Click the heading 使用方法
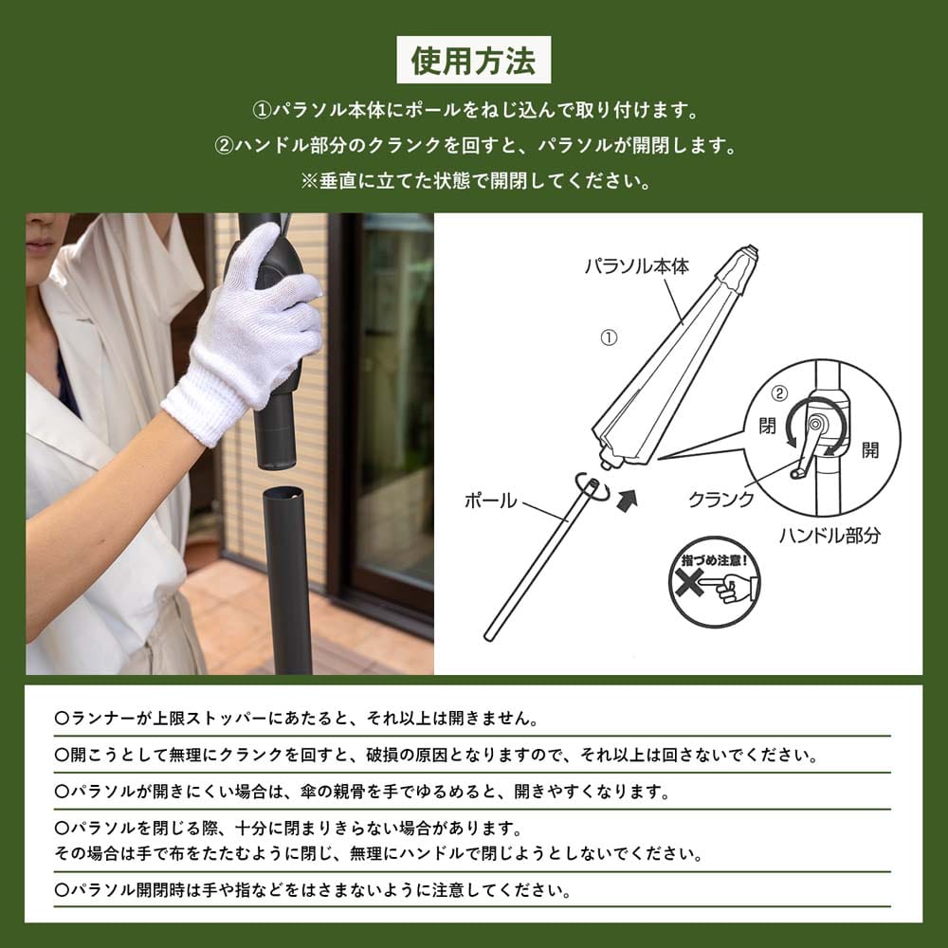(x=473, y=60)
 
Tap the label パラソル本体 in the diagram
(x=637, y=266)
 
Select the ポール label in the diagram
(x=490, y=500)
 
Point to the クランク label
(x=721, y=499)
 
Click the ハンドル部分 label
(x=829, y=535)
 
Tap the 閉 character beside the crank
(x=767, y=426)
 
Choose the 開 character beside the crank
(x=869, y=449)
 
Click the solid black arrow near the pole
(x=627, y=500)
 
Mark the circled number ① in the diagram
(x=609, y=337)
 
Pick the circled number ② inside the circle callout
(x=779, y=393)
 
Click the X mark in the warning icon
(x=688, y=583)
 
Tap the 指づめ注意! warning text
(x=714, y=560)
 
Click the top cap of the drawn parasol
(x=749, y=251)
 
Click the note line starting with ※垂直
(x=476, y=181)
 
